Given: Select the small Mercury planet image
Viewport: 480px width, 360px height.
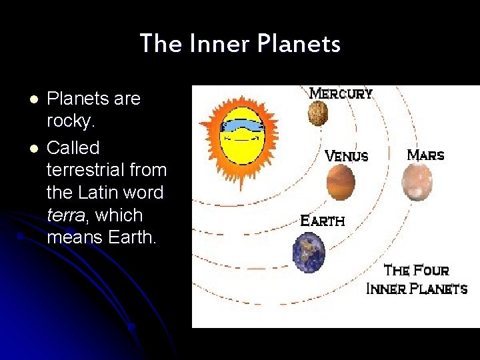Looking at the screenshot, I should pos(318,113).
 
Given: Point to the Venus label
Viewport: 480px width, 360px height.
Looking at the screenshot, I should pos(346,156).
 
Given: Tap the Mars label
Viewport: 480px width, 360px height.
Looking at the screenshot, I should pos(425,155).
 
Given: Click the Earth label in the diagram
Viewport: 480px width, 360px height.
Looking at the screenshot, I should pos(323,220).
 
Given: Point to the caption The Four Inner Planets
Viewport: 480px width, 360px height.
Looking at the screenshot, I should pos(417,280).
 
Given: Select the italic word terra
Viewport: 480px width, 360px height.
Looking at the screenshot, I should pos(65,215).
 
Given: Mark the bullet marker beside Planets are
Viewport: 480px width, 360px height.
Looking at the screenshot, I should pos(32,99).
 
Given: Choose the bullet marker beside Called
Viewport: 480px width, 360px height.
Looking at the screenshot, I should pos(32,147).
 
